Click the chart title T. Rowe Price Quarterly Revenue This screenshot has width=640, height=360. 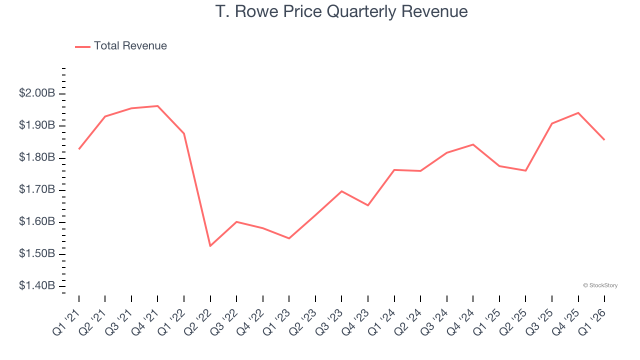341,11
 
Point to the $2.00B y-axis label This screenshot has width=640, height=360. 37,93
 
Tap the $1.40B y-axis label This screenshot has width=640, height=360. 37,286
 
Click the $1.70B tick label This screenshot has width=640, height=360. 37,190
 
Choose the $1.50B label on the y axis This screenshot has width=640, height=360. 37,254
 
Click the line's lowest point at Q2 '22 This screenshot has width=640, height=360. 210,246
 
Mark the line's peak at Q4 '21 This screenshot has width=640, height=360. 157,106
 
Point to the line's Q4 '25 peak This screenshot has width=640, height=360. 578,113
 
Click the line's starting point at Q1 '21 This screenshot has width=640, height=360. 79,149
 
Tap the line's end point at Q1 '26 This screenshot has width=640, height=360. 604,139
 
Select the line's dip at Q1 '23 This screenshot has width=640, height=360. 289,238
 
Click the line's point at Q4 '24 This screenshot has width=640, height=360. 473,144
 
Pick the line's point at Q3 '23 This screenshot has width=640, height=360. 341,191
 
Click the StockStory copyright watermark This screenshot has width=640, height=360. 600,285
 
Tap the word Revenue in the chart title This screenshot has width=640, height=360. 435,11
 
